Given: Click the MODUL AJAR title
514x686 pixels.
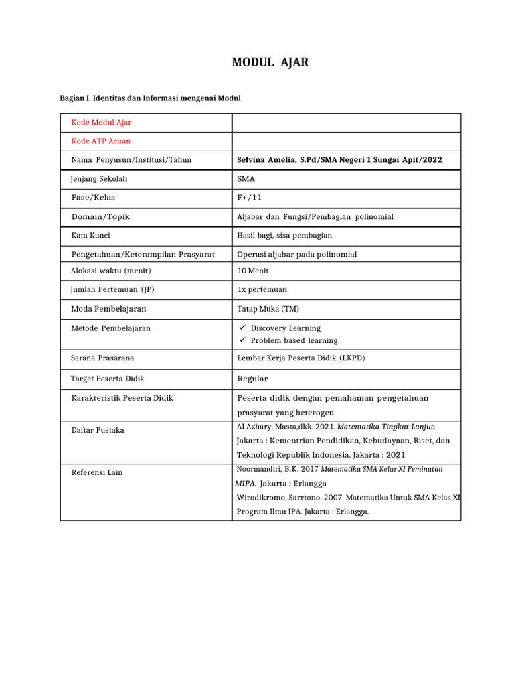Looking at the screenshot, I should pyautogui.click(x=270, y=63).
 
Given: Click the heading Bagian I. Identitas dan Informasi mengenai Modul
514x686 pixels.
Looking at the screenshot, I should pyautogui.click(x=150, y=98).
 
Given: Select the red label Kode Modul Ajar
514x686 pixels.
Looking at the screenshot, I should pyautogui.click(x=101, y=123).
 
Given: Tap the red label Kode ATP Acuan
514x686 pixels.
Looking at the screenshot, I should pyautogui.click(x=101, y=141).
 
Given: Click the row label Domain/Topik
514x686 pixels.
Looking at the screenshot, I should pyautogui.click(x=100, y=216).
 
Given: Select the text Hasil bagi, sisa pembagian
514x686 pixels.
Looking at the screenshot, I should pyautogui.click(x=284, y=235).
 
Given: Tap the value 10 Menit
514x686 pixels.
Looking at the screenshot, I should pyautogui.click(x=253, y=271).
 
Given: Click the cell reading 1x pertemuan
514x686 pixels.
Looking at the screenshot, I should pyautogui.click(x=262, y=289).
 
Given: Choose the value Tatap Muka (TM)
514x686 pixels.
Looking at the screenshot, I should pyautogui.click(x=268, y=309).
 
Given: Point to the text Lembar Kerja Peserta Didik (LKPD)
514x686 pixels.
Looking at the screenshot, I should pyautogui.click(x=301, y=358).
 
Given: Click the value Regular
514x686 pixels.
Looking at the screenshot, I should pyautogui.click(x=252, y=379).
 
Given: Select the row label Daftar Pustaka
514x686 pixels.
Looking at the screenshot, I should pyautogui.click(x=97, y=430).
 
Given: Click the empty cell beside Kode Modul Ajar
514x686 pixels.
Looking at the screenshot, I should pyautogui.click(x=346, y=123).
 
